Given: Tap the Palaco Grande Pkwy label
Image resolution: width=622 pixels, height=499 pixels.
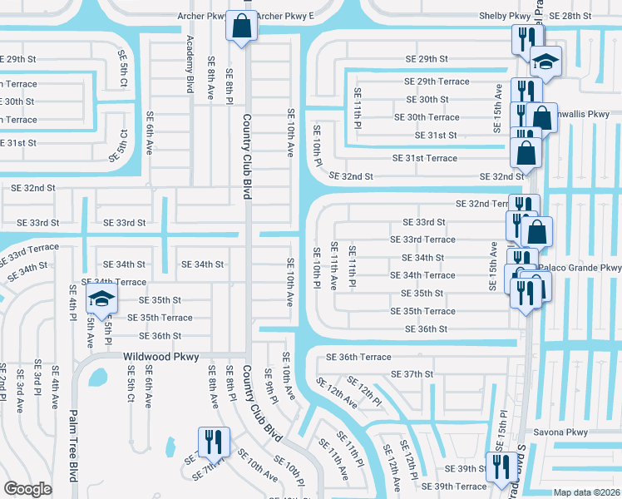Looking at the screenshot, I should (x=580, y=268).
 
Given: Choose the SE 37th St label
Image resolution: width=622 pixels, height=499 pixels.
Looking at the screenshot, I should (x=412, y=374).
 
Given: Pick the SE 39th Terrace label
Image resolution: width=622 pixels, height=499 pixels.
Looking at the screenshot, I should (x=454, y=487).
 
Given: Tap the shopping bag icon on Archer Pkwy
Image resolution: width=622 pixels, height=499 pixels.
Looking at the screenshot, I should (x=241, y=25).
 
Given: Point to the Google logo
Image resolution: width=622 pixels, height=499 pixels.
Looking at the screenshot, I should (x=27, y=488).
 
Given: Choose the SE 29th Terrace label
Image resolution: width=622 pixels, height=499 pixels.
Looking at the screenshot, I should (x=437, y=82).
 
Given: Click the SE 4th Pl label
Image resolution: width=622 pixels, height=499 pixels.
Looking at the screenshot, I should (x=74, y=304).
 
